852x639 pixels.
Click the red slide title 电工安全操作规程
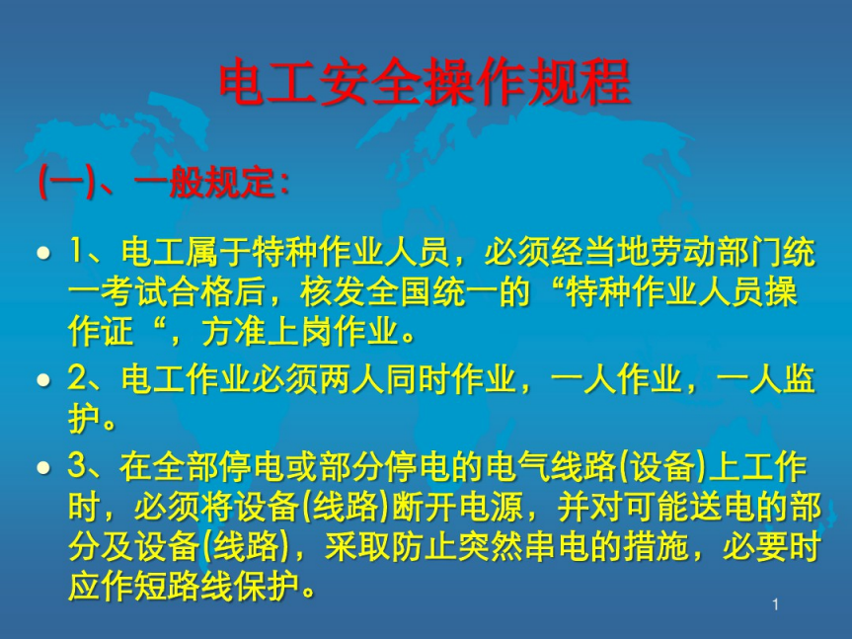[425, 82]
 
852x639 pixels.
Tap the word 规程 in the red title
[580, 82]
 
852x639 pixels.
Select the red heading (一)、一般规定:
[164, 182]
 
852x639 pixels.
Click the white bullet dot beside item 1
[44, 253]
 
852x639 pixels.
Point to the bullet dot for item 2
[44, 380]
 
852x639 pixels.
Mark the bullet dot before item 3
[44, 467]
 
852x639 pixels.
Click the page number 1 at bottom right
[775, 604]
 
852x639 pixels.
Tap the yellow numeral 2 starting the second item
[76, 378]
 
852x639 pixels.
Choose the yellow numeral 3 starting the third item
[76, 466]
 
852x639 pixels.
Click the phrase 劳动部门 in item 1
[716, 253]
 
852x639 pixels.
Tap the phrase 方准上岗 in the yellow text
[268, 332]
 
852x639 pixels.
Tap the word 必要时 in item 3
[772, 546]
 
